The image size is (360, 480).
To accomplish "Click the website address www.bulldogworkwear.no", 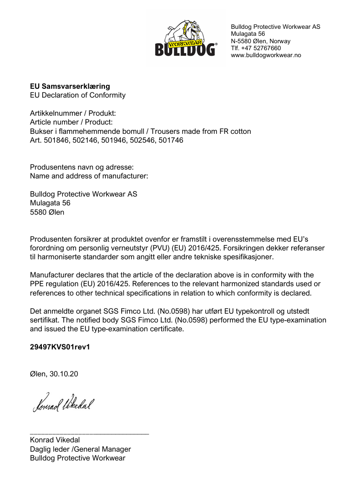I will pos(266,55).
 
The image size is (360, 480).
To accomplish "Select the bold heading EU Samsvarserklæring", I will pos(70,86).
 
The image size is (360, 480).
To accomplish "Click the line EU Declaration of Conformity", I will pos(78,95).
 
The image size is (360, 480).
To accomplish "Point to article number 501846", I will pos(56,140).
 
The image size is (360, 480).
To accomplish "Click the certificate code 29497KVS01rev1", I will pos(59,347).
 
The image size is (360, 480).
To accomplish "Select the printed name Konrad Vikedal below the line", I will pos(55,440).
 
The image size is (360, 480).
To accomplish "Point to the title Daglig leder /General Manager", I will pos(80,449).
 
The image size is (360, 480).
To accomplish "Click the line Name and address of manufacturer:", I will pos(89,176).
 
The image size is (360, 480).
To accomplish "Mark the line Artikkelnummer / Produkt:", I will pos(73,113).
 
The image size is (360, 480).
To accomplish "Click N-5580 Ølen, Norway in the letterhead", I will pos(261,41).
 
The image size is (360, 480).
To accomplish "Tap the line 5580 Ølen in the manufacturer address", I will pos(47,212).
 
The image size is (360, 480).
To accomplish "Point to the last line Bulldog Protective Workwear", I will pos(78,458).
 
